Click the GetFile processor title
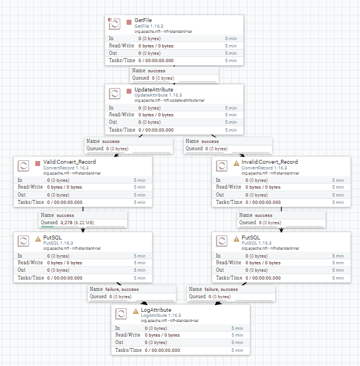(143, 20)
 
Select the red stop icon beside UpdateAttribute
(129, 91)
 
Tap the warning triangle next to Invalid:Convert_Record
(236, 163)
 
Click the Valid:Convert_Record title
(70, 162)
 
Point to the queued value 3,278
(66, 223)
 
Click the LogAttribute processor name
(156, 310)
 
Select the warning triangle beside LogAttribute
(136, 311)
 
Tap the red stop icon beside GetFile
(129, 22)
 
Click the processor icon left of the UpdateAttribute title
(115, 94)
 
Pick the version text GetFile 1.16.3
(149, 26)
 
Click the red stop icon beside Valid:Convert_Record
(37, 163)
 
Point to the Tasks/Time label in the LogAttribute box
(128, 350)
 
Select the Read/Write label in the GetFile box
(122, 46)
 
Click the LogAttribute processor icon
(121, 314)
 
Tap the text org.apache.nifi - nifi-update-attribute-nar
(170, 101)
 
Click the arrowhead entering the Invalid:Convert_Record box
(242, 155)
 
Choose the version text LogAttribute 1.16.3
(161, 315)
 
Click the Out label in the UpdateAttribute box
(113, 122)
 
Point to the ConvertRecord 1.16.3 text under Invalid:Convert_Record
(264, 168)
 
